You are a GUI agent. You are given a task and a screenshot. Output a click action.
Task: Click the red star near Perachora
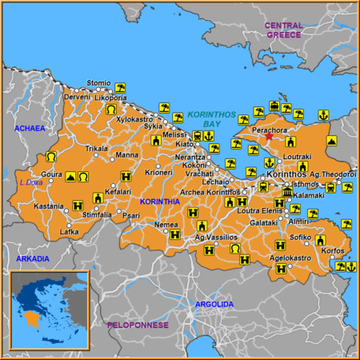pyautogui.click(x=268, y=137)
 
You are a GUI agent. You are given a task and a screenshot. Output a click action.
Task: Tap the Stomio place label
pyautogui.click(x=98, y=82)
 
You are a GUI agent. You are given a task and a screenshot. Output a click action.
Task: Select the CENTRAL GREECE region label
pyautogui.click(x=284, y=30)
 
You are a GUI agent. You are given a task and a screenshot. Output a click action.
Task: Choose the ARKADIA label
pyautogui.click(x=32, y=258)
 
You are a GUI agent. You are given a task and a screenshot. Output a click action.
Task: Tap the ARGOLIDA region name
pyautogui.click(x=215, y=304)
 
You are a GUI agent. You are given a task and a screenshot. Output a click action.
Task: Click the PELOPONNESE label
pyautogui.click(x=138, y=325)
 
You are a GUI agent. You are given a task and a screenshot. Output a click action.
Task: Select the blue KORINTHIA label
pyautogui.click(x=159, y=202)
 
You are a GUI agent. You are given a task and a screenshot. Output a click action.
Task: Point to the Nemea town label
pyautogui.click(x=166, y=225)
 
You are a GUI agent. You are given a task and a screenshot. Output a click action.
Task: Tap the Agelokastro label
pyautogui.click(x=290, y=258)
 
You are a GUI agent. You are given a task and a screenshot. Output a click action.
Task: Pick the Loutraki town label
pyautogui.click(x=298, y=157)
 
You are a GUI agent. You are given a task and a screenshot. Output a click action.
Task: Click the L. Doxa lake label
pyautogui.click(x=30, y=182)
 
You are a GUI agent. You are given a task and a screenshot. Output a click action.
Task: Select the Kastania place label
pyautogui.click(x=48, y=206)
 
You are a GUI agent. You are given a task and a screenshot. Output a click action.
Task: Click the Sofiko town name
pyautogui.click(x=301, y=237)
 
